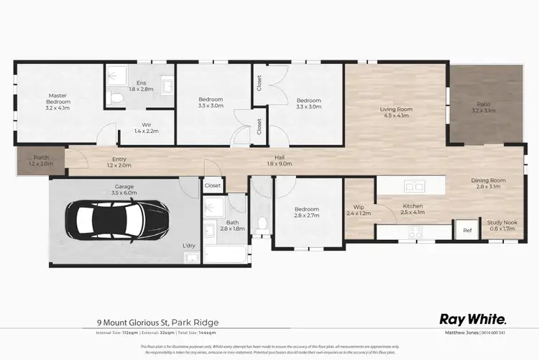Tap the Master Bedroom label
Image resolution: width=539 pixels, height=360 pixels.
click(58, 99)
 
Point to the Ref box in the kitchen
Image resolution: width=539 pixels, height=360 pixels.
click(466, 231)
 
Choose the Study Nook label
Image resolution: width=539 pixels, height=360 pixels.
click(502, 223)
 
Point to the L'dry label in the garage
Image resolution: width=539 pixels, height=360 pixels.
click(189, 246)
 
